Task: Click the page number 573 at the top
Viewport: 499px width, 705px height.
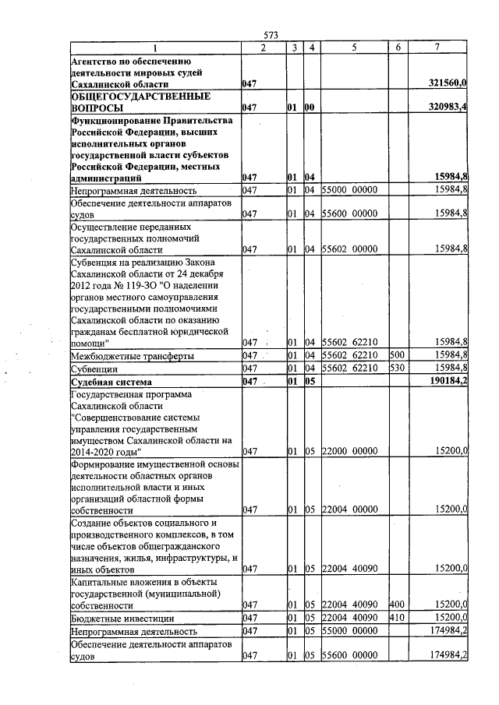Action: [x=271, y=35]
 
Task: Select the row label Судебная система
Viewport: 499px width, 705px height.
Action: [x=111, y=382]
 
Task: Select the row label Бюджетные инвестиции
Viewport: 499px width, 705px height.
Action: [x=111, y=618]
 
